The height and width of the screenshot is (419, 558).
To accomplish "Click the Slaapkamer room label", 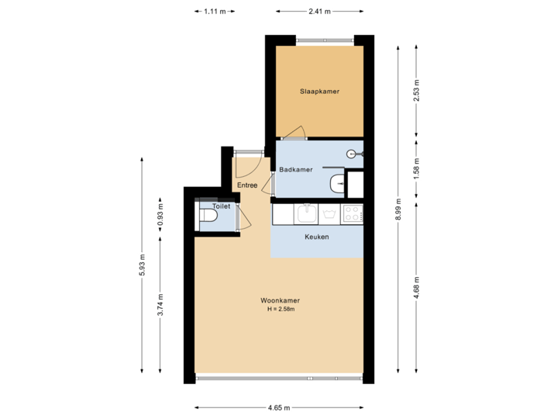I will pyautogui.click(x=319, y=92).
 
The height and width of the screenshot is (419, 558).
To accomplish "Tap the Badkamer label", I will pyautogui.click(x=295, y=169).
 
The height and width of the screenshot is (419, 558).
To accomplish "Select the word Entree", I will pyautogui.click(x=247, y=185).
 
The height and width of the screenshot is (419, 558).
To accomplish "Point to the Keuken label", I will pyautogui.click(x=316, y=237).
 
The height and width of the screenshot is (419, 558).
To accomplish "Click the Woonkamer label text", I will pyautogui.click(x=281, y=300).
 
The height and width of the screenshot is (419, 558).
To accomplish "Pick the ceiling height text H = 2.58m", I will pyautogui.click(x=281, y=310).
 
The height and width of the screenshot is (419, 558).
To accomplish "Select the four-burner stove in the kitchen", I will pyautogui.click(x=353, y=211).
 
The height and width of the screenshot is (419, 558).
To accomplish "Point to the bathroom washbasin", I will pyautogui.click(x=337, y=184).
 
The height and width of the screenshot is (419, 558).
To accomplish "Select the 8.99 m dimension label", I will pyautogui.click(x=398, y=209).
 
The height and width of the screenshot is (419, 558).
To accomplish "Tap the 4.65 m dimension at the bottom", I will pyautogui.click(x=279, y=407).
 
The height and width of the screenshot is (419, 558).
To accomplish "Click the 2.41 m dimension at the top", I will pyautogui.click(x=319, y=12).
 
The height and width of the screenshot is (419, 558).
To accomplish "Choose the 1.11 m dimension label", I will pyautogui.click(x=214, y=12).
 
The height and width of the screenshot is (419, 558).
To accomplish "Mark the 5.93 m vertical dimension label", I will pyautogui.click(x=141, y=265).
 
